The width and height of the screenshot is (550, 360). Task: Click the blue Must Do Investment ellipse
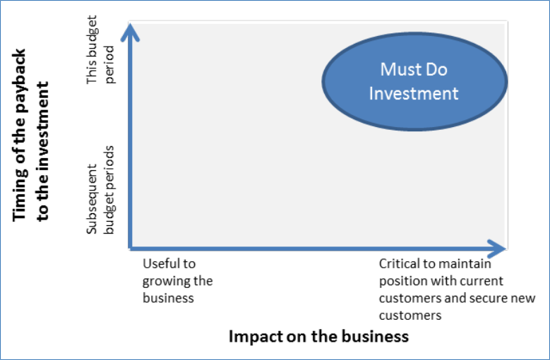point(414,82)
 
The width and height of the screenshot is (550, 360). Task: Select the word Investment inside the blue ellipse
point(414,94)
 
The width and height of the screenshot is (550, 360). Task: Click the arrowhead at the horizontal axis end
point(496,249)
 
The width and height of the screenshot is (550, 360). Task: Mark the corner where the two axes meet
point(130,249)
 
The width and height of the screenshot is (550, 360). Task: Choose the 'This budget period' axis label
point(101,49)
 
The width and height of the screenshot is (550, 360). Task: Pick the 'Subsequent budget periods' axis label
point(101,190)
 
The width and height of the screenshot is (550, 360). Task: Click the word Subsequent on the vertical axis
point(92,199)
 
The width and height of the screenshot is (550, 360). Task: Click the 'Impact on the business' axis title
point(318,337)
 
